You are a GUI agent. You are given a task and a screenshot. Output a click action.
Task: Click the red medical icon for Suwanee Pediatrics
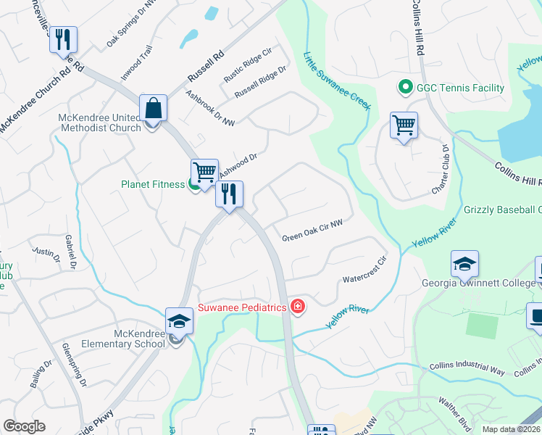[297, 307]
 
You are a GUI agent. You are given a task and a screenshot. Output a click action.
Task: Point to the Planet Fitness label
[153, 184]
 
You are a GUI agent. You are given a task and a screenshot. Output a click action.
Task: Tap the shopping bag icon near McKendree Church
[154, 109]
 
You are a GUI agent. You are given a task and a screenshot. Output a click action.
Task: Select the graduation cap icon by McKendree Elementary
[179, 321]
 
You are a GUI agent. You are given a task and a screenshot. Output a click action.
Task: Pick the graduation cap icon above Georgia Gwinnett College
[464, 265]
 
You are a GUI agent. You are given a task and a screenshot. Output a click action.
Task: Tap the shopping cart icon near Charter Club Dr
[404, 125]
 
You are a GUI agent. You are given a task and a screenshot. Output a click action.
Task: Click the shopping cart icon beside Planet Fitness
[205, 172]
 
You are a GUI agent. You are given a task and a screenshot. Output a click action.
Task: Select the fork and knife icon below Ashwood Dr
[229, 194]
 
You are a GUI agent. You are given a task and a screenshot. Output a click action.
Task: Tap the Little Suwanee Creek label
[337, 81]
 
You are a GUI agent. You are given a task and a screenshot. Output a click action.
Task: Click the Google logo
[24, 426]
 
